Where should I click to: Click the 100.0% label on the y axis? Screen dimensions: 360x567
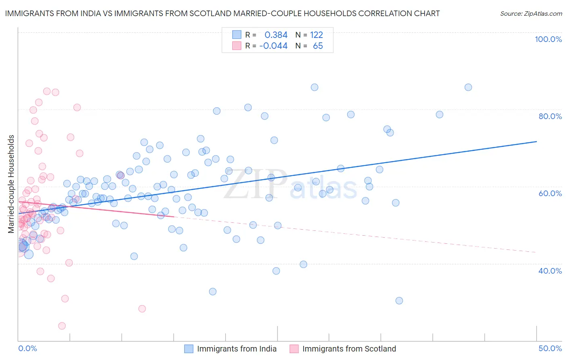pos(548,39)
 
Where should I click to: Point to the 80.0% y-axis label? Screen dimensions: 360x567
pos(550,116)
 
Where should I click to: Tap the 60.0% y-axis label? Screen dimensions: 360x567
pos(550,193)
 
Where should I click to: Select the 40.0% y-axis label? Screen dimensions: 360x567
pos(550,270)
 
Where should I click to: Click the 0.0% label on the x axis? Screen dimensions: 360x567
pos(27,348)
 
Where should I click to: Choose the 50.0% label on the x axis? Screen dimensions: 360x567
pos(550,348)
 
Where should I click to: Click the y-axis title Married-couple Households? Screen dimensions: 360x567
pos(11,184)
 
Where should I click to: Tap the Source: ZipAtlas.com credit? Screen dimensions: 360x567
pos(531,13)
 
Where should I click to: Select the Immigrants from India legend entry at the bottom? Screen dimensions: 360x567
pos(236,349)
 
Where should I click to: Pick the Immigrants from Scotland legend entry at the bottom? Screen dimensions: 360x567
pos(349,349)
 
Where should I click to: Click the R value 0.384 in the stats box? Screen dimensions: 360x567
pos(276,35)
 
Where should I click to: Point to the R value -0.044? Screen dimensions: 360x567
pos(273,46)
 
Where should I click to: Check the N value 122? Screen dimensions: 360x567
pos(317,35)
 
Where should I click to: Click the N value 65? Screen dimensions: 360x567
pos(318,46)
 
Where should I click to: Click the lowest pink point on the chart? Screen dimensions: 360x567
pos(62,326)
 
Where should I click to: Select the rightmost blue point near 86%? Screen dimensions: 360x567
pos(468,87)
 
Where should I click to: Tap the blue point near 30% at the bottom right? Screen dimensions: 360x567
pos(399,300)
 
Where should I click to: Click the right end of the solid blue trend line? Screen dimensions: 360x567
pos(536,142)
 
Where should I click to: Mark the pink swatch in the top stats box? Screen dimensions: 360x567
pos(237,46)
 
